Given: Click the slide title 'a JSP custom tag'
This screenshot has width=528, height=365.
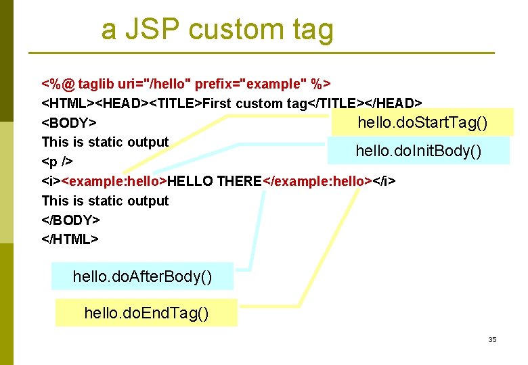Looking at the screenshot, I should [x=217, y=30].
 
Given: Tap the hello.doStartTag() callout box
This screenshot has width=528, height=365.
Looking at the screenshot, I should [x=422, y=123].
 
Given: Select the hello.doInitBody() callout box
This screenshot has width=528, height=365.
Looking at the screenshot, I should [x=418, y=151].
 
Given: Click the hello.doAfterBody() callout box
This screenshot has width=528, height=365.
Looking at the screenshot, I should [x=142, y=276].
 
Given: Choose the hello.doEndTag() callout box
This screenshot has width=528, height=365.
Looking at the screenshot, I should [x=146, y=313].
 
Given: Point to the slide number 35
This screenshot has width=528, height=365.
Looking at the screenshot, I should [x=492, y=339].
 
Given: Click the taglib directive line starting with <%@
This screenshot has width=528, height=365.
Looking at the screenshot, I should [x=186, y=84].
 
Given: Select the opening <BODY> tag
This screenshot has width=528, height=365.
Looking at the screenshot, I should [x=68, y=123].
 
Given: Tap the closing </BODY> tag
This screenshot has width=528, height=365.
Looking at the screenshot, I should [x=71, y=220].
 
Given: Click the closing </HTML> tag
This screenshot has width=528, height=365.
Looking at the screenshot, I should [x=70, y=239].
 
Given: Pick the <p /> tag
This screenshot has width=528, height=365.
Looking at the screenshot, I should [x=58, y=162].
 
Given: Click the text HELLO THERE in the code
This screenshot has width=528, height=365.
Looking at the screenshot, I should [x=214, y=181].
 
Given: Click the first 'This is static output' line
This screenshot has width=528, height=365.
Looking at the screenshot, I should [x=105, y=143].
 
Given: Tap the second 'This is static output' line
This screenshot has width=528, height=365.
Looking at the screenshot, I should [x=105, y=201].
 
